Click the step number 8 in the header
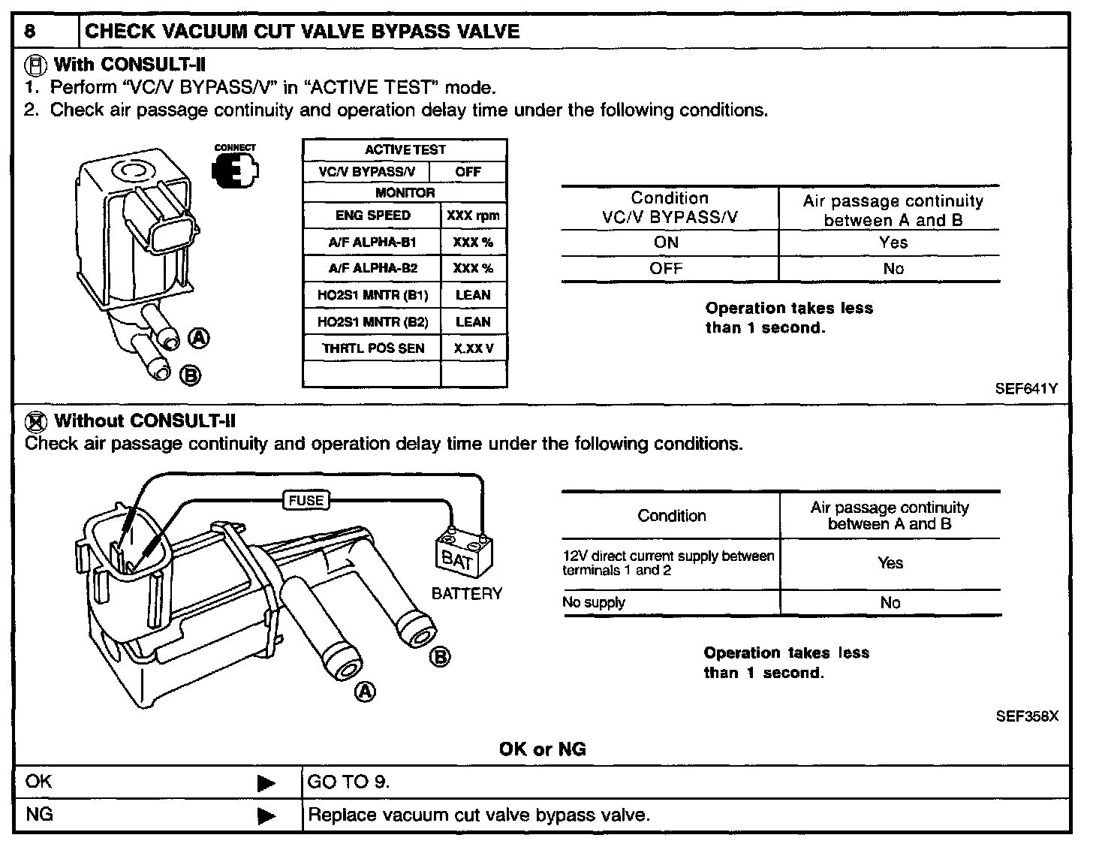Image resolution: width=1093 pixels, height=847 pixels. [30, 32]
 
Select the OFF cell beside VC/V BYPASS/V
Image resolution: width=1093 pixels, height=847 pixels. [468, 172]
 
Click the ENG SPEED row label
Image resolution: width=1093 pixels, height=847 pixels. [373, 216]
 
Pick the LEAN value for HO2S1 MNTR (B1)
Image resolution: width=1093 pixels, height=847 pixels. [473, 295]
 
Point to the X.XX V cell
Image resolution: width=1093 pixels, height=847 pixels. [473, 348]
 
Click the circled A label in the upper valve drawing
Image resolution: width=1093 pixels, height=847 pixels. [198, 338]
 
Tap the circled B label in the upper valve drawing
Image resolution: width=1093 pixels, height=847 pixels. [190, 374]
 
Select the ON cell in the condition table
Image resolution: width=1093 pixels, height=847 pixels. [666, 243]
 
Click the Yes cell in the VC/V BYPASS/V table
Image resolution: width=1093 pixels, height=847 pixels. [893, 243]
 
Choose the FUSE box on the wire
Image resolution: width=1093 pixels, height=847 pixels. [306, 500]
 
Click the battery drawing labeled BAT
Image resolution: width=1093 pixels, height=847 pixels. [463, 555]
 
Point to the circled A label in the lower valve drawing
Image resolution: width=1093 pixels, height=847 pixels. [365, 691]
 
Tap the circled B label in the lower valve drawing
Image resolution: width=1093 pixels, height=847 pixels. [440, 658]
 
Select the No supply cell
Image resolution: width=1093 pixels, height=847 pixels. [594, 602]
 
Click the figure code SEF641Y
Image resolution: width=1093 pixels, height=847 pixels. [1026, 389]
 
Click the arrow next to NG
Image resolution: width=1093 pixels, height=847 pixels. [266, 816]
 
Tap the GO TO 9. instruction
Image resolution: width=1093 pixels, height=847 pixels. [349, 782]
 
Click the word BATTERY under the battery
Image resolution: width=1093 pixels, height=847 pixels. [466, 594]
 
